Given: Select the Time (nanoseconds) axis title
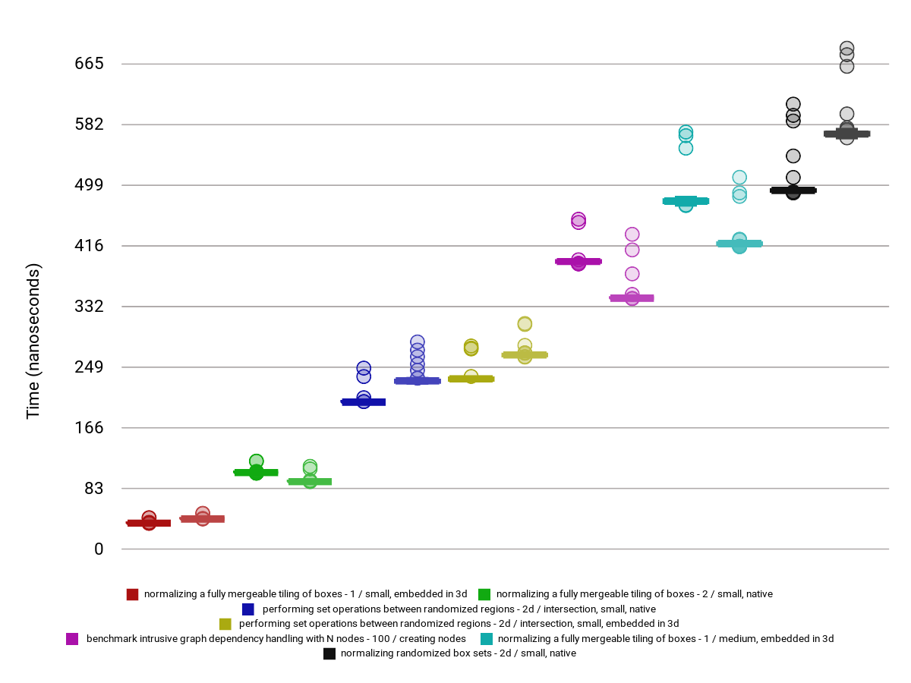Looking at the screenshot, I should [33, 341].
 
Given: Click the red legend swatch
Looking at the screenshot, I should [133, 594].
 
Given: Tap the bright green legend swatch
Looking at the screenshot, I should [484, 594].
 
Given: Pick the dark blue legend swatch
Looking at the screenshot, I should [248, 609].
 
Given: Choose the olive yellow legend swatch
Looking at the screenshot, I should [225, 624].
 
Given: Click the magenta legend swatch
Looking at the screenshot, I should [73, 639].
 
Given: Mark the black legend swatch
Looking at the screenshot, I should [329, 653].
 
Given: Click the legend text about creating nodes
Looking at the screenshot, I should [276, 639].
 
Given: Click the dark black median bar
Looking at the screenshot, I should [793, 190].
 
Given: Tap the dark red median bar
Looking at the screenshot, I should [149, 523].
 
